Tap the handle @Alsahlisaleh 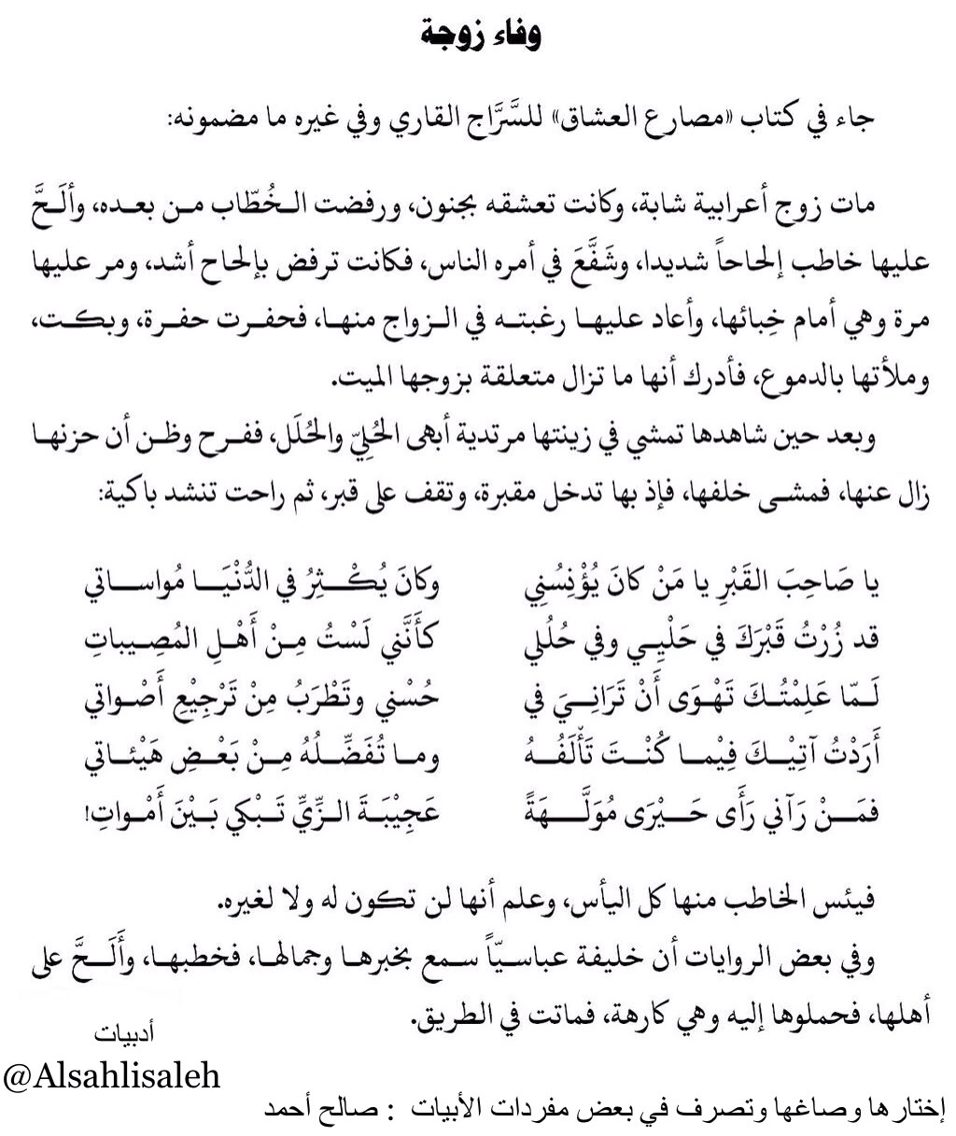(113, 1076)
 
